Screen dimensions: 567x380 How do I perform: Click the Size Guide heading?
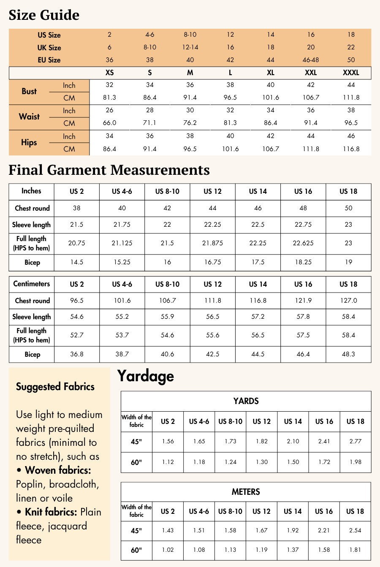44,15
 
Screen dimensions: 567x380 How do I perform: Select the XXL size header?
311,73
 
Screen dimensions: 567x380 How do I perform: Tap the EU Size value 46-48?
311,60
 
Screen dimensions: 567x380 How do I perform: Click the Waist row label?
29,117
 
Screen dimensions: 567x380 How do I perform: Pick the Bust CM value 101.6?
271,98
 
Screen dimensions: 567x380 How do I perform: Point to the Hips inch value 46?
351,136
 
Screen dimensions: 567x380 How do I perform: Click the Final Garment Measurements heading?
109,170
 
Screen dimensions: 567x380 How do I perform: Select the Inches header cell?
31,191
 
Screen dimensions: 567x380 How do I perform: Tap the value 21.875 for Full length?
212,243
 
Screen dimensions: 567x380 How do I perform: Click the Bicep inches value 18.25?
303,262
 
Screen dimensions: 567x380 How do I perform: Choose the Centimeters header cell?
31,284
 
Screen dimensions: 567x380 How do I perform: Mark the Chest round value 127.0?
348,301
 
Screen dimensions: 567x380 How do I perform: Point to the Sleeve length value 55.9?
167,317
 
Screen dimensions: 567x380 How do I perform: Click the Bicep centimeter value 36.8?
76,354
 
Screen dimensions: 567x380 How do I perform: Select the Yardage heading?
145,376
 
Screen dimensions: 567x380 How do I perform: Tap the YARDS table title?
246,401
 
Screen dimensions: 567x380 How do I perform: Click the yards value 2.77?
356,441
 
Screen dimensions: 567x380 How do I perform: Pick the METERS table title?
246,492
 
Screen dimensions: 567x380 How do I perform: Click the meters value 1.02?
168,550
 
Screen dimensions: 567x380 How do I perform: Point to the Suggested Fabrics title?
55,387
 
